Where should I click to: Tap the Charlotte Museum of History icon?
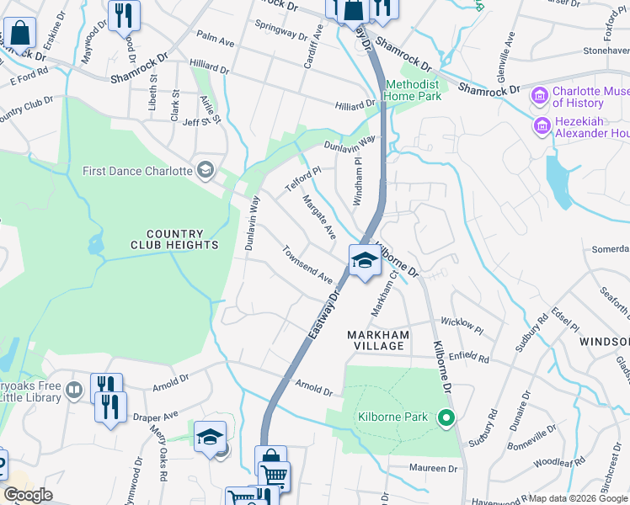[x=539, y=97]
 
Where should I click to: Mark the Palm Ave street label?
[x=214, y=38]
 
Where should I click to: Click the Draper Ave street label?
[x=156, y=416]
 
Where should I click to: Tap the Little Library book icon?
[x=73, y=391]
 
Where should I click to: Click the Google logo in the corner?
[x=27, y=495]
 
